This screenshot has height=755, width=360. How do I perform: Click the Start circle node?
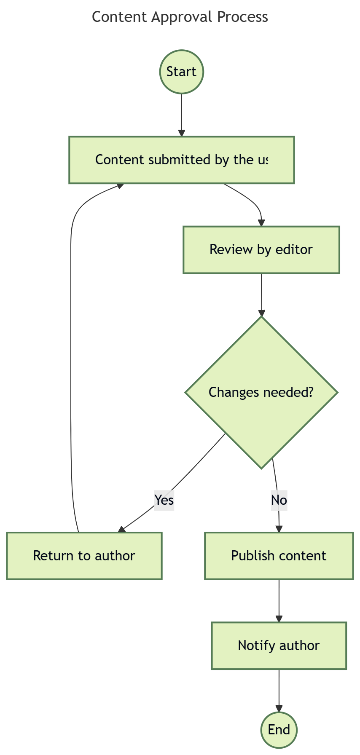(181, 72)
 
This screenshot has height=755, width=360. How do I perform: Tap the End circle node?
(279, 729)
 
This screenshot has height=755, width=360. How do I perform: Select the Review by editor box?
(261, 249)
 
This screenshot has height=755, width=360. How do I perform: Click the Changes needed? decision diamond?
(261, 392)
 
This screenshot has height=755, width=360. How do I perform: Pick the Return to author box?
(84, 555)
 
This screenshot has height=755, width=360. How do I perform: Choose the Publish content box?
(279, 555)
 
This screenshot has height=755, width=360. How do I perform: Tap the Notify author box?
(279, 645)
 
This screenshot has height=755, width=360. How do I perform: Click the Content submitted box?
(181, 160)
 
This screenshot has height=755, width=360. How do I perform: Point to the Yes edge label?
(164, 500)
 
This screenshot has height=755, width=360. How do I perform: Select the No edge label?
(279, 500)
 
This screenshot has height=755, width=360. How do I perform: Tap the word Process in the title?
(242, 17)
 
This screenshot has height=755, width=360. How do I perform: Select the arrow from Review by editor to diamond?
(261, 295)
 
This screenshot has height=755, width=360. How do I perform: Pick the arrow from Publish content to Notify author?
(279, 600)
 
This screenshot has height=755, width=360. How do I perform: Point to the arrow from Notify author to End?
(279, 690)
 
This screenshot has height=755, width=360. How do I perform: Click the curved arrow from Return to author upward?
(70, 358)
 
